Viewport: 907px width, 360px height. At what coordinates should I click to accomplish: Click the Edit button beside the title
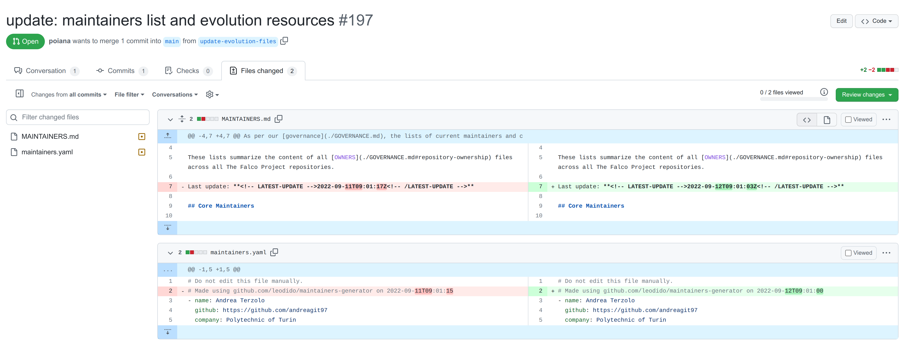point(841,21)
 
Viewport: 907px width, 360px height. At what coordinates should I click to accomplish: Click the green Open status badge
point(25,41)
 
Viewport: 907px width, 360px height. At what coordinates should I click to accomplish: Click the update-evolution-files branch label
point(238,41)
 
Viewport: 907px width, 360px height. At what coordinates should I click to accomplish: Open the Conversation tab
point(46,71)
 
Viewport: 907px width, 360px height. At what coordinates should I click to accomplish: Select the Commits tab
point(121,71)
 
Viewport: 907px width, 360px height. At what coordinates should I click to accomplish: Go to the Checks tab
point(188,71)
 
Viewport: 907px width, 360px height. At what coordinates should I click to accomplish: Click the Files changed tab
point(262,71)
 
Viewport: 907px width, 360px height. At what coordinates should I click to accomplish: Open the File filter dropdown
point(129,94)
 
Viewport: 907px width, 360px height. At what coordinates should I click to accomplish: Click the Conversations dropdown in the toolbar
point(175,94)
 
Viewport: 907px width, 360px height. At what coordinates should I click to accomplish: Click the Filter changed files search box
point(78,117)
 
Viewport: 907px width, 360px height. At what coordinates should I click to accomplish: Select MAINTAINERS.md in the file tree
point(50,136)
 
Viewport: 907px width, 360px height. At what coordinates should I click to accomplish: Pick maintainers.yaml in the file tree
point(47,152)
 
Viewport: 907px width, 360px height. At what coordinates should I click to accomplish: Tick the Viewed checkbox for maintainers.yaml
point(848,253)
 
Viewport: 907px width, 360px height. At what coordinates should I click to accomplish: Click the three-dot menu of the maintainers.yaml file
point(886,253)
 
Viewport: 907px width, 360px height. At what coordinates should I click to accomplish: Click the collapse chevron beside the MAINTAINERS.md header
point(170,119)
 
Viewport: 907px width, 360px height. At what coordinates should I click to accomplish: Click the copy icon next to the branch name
point(284,41)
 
